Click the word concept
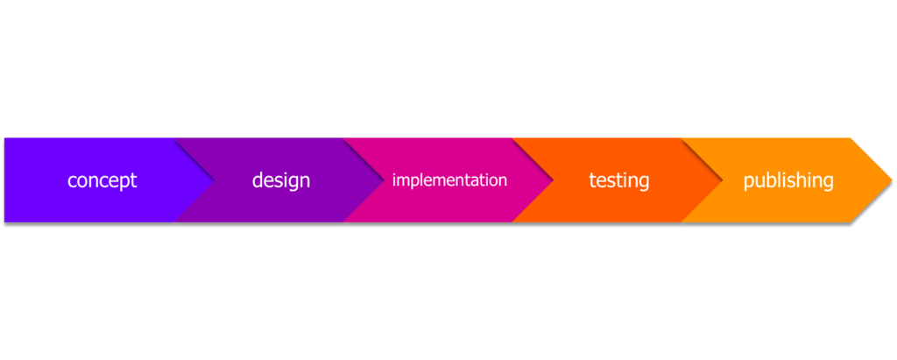pos(102,180)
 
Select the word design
pos(281,180)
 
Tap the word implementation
pos(449,180)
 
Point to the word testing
pos(619,180)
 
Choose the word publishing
pos(788,180)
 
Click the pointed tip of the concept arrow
pos(215,180)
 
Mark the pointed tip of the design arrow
pos(385,180)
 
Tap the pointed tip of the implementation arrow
pos(554,180)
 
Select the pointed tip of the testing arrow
pos(723,180)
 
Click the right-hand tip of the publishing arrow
pos(893,180)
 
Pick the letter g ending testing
pos(644,184)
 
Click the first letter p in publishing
pos(749,184)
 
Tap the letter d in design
pos(258,180)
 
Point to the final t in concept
pos(134,180)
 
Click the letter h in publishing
pos(805,180)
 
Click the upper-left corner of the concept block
pos(4,138)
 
